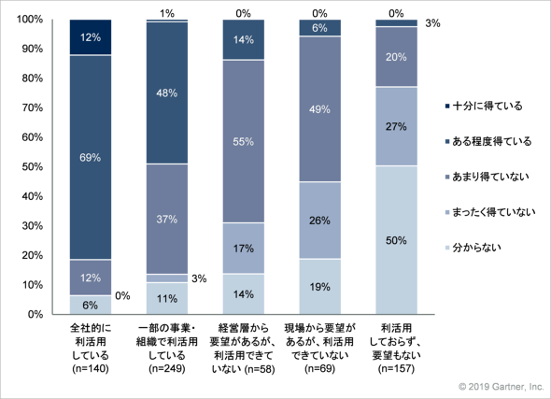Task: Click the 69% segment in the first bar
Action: pos(91,157)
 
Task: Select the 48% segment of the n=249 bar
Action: pos(167,93)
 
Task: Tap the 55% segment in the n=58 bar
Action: pos(244,141)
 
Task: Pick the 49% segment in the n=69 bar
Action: pos(319,109)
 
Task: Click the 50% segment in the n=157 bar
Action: pos(396,240)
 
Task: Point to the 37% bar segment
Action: pos(167,219)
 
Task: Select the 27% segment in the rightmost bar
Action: pos(396,126)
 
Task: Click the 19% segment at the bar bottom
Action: pos(319,287)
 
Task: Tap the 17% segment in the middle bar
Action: pos(244,249)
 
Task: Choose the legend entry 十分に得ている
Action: pos(484,106)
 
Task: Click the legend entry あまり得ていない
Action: pos(487,177)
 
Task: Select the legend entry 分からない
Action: pos(473,248)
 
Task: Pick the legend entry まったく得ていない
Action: pos(490,212)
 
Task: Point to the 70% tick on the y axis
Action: pos(33,107)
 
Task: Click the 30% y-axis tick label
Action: pos(33,226)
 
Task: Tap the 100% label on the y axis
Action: pos(30,19)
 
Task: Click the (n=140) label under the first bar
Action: pos(91,369)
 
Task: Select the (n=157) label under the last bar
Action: pos(396,369)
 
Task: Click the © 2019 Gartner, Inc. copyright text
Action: pos(502,387)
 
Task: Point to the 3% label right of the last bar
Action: pos(432,23)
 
